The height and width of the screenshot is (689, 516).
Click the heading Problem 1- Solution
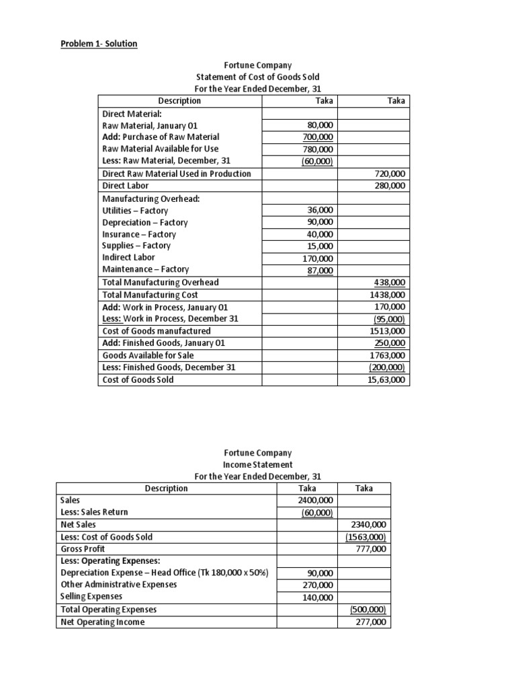(x=99, y=44)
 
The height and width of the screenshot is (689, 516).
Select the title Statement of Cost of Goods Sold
(x=257, y=77)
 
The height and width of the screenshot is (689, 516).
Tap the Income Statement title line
(x=257, y=464)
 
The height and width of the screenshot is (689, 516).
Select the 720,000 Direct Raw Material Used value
(x=389, y=174)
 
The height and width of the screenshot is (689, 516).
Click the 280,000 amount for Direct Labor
(x=389, y=185)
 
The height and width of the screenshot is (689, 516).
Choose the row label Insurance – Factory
(x=138, y=234)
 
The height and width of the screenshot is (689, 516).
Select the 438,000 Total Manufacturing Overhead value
(x=389, y=283)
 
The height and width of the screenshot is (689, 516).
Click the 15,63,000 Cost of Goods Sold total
(x=387, y=379)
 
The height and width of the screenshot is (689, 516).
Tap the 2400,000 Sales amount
(x=313, y=500)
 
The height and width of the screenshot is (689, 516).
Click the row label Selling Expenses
(x=91, y=597)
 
